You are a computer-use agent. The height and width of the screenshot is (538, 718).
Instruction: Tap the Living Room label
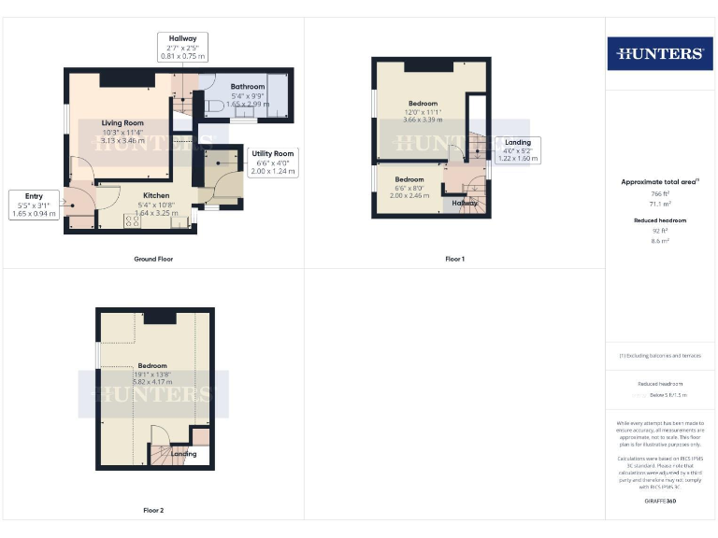click(122, 122)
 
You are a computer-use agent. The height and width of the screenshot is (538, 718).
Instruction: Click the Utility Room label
click(272, 153)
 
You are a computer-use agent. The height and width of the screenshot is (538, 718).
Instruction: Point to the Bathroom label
click(248, 87)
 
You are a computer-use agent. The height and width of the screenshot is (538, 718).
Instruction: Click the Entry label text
click(35, 195)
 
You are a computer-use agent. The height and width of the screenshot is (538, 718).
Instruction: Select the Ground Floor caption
click(152, 259)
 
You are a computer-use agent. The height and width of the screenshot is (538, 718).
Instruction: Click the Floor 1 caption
click(455, 259)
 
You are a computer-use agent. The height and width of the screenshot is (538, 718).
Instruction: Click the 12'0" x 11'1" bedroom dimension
click(424, 112)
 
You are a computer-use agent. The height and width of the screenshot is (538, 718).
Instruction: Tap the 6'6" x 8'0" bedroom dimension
click(409, 188)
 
